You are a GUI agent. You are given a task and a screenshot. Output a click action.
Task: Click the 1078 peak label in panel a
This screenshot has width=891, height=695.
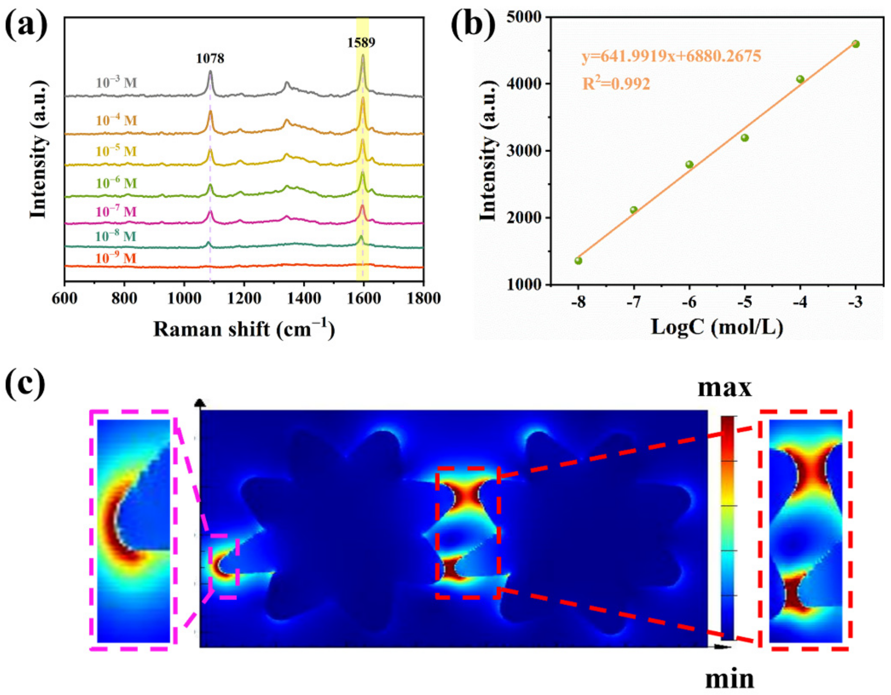tap(210, 59)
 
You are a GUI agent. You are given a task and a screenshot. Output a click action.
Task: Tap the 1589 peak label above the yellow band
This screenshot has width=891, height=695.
tap(361, 42)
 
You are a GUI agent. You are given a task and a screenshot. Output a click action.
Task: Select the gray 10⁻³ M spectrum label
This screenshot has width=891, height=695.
tap(116, 83)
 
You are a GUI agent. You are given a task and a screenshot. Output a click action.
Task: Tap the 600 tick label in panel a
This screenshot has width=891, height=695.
tap(64, 299)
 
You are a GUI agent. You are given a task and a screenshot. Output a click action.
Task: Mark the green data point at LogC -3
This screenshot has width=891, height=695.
tap(856, 44)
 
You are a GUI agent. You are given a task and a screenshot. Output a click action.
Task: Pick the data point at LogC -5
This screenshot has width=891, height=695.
tap(744, 138)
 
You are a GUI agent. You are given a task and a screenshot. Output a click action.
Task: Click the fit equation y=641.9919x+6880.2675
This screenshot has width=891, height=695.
tap(671, 56)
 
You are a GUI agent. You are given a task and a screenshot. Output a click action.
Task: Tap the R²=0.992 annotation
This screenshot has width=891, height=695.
tap(616, 84)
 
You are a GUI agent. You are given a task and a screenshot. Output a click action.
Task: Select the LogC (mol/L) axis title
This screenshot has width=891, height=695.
tap(717, 327)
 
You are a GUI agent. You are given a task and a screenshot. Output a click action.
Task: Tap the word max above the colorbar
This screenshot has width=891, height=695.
tap(724, 388)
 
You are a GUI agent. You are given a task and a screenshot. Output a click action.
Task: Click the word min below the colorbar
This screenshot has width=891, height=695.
tap(729, 679)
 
